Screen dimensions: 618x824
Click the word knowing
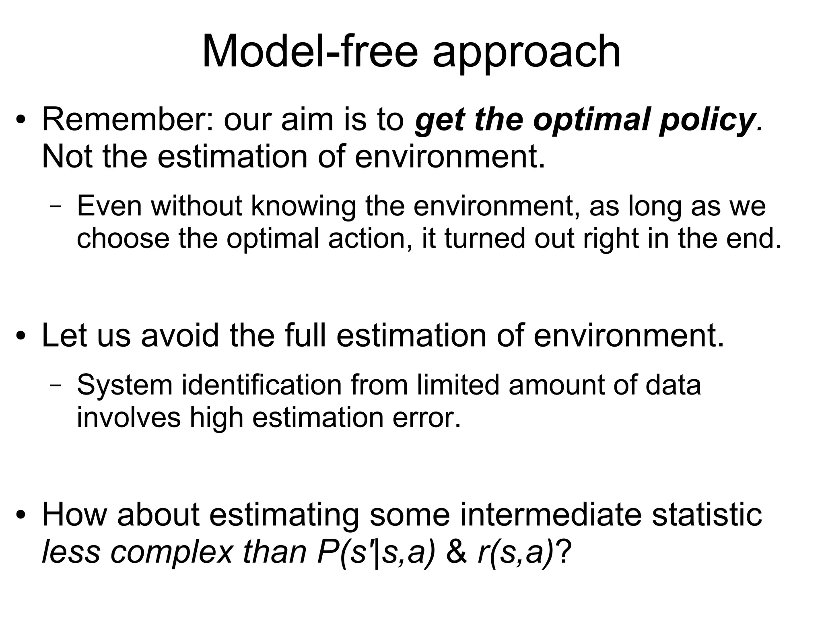tap(304, 206)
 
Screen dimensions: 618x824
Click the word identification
tap(262, 385)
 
